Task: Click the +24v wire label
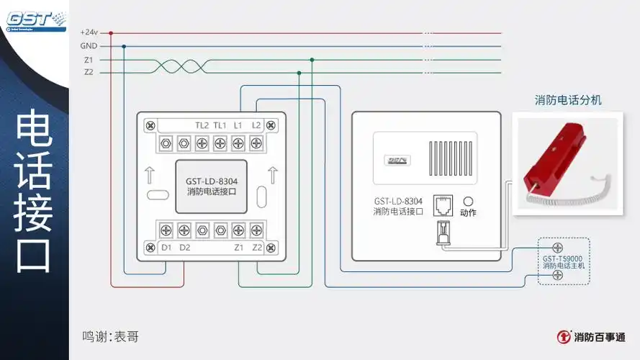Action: point(89,32)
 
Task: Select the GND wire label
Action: point(89,46)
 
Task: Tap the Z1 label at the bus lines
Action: point(88,60)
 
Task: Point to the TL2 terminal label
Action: point(202,125)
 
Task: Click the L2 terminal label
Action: point(256,125)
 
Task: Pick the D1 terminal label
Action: point(166,248)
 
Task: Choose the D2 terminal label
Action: point(185,248)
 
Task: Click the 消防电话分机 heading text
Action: point(568,100)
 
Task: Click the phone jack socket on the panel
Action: point(443,204)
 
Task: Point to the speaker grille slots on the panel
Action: point(452,158)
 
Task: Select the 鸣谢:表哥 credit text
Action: point(110,336)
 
